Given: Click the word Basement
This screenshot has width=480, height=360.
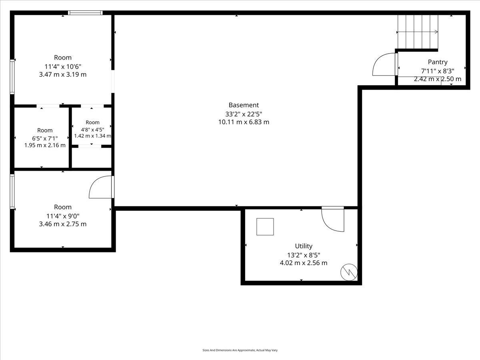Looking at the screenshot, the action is coord(244,105).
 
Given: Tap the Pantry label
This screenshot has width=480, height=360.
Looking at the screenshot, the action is coord(438,62).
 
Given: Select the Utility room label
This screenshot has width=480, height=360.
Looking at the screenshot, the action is coord(304,246).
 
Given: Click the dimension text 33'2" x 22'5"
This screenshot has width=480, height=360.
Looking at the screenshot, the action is coord(244,114).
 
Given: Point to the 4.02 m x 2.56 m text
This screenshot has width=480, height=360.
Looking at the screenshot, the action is coord(304,263).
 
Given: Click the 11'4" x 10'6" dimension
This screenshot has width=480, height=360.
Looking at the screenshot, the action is coord(63,66).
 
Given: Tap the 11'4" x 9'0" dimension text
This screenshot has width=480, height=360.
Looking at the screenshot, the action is coord(63,216).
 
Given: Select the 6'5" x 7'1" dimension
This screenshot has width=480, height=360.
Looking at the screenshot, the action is coord(45,138).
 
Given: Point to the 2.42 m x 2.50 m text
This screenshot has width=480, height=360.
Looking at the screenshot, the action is coord(438,79).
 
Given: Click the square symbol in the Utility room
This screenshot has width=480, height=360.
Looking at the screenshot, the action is coord(265,227).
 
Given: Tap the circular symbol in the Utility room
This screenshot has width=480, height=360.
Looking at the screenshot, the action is coord(349,272).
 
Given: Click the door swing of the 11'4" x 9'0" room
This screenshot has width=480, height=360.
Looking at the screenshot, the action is coord(94,183).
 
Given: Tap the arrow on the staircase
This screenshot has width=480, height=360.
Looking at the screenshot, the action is coord(418,32).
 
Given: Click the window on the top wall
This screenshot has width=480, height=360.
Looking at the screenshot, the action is coord(85,13).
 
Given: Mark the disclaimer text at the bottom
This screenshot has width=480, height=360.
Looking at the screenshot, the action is coord(240,350).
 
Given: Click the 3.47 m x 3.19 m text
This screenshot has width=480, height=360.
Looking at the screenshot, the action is coord(63,74).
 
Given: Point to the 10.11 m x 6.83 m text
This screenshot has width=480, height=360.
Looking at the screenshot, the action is coord(244,122).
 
